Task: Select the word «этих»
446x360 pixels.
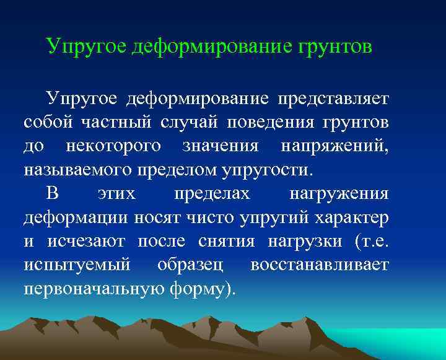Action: click(116, 194)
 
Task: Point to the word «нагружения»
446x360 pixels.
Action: click(339, 194)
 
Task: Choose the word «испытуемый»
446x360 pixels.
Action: click(77, 266)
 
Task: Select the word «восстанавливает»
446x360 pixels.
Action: click(320, 266)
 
